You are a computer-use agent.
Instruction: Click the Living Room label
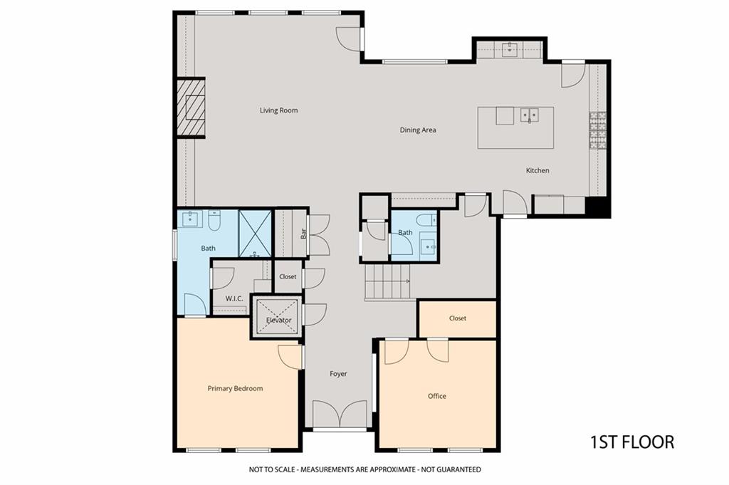pos(278,110)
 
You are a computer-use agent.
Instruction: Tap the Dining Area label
pos(418,130)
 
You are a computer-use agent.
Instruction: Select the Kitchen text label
pos(537,171)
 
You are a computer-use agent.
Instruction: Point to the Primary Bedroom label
pos(235,389)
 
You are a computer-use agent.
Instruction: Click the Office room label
pos(437,396)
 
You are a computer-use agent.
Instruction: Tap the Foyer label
pos(338,374)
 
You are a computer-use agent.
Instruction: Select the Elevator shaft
pos(277,317)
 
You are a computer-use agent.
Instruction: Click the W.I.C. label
pos(234,299)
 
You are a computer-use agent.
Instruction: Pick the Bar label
pos(303,233)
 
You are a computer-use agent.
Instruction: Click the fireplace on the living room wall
pos(191,108)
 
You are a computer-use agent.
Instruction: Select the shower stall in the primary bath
pos(255,234)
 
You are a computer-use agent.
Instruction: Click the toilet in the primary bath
pos(214,221)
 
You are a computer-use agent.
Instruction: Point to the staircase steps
pos(387,282)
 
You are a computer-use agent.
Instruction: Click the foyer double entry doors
pos(340,414)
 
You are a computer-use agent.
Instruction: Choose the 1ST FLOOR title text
pos(632,442)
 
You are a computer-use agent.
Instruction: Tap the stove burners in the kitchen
pos(598,130)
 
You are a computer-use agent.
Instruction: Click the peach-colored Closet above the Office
pos(458,318)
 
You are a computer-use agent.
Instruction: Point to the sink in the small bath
pos(428,244)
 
